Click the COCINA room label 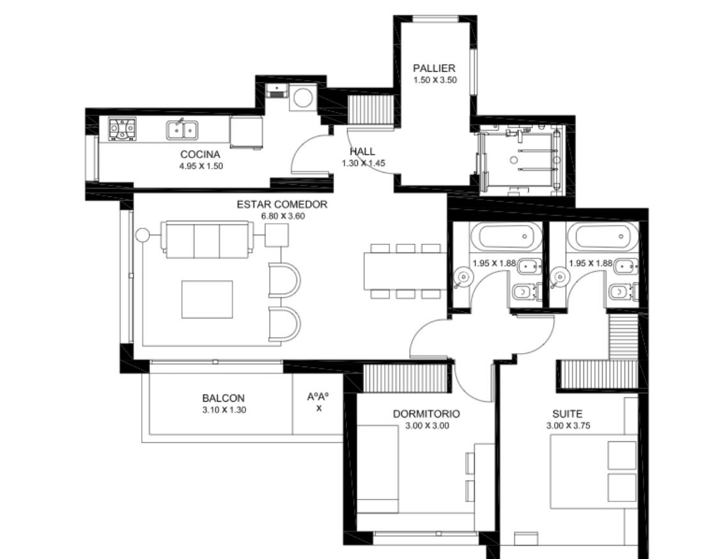[x=200, y=154]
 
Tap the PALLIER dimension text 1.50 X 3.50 [x=435, y=80]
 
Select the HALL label [x=362, y=152]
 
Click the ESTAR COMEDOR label [x=282, y=205]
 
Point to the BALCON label [x=223, y=398]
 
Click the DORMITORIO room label [x=426, y=414]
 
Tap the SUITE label [x=568, y=414]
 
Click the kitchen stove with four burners [x=123, y=129]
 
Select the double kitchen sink [x=182, y=129]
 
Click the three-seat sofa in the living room [x=206, y=240]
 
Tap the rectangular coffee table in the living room [x=207, y=299]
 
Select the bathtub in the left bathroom [x=506, y=236]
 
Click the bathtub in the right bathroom [x=603, y=236]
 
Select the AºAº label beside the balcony [x=318, y=397]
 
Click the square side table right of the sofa [x=277, y=235]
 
